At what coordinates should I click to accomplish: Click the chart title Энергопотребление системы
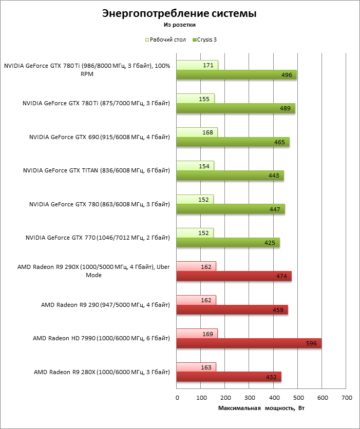179,13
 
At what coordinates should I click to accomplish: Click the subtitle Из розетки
180,24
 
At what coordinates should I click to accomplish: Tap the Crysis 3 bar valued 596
249,344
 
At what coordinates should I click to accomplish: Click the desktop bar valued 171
197,65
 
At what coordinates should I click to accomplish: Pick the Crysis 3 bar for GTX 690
233,142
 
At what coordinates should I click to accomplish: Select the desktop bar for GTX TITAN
195,166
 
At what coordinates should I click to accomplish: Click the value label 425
269,243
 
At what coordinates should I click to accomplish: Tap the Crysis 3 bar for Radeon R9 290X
234,276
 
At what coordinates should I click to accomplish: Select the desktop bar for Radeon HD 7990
197,334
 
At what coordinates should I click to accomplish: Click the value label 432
271,378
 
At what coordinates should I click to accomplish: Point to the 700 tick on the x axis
347,398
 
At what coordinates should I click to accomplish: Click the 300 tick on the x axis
250,398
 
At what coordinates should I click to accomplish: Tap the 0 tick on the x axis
177,398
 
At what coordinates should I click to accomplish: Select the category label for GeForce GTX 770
98,238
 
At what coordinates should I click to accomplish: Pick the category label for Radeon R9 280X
102,372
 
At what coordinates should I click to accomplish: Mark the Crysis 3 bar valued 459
232,310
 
